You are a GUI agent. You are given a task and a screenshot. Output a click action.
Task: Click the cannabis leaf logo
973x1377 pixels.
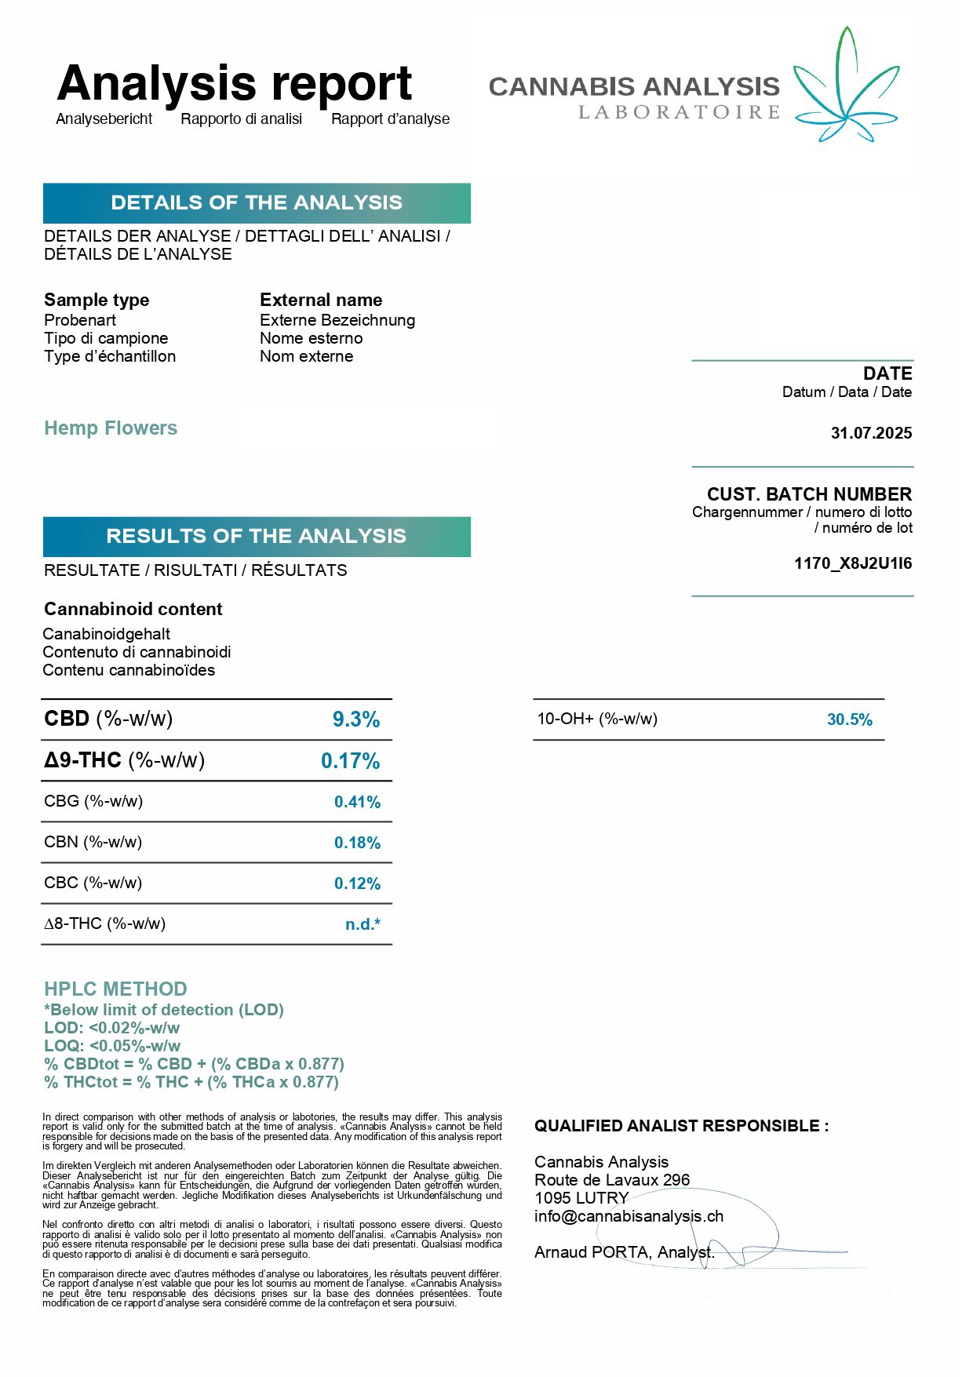[x=846, y=86]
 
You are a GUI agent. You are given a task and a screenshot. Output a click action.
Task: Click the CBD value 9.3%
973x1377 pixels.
[x=356, y=719]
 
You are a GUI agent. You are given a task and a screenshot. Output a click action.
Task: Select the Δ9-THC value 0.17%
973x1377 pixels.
[x=350, y=761]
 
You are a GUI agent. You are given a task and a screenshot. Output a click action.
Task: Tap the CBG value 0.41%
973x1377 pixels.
[x=357, y=802]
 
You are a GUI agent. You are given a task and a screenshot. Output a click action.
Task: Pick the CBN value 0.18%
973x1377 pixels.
[x=357, y=843]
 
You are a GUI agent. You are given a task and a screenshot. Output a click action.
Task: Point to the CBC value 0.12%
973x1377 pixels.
[x=357, y=883]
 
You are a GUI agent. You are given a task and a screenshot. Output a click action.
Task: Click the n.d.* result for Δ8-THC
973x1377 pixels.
[x=363, y=924]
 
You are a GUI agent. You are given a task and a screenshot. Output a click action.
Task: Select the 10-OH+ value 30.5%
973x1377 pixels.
[x=849, y=719]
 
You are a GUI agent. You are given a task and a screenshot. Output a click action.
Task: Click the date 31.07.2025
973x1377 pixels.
[x=871, y=433]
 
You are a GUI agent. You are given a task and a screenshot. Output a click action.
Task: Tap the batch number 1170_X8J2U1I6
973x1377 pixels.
[x=852, y=563]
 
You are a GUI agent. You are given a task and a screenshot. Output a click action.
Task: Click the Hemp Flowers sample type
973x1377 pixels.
[x=111, y=428]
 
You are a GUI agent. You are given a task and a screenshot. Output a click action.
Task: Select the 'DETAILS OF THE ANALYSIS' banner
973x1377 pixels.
[x=257, y=203]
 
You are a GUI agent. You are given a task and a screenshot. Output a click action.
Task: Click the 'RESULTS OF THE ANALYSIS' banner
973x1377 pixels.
[x=257, y=537]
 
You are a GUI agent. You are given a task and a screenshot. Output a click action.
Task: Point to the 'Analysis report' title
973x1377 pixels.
[x=235, y=84]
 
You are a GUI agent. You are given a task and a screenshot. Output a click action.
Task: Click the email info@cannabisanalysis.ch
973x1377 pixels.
[x=629, y=1216]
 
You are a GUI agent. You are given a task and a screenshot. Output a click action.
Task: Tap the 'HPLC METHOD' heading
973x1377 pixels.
[x=115, y=989]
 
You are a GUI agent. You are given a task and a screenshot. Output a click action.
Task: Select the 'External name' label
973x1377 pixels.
[x=321, y=301]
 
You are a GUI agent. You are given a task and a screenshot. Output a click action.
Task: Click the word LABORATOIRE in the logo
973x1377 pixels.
[x=679, y=113]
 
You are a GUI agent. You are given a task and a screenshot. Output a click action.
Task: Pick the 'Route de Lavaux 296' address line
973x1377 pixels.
[x=612, y=1180]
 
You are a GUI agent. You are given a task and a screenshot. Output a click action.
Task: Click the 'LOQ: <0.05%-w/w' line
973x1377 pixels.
[x=112, y=1046]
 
